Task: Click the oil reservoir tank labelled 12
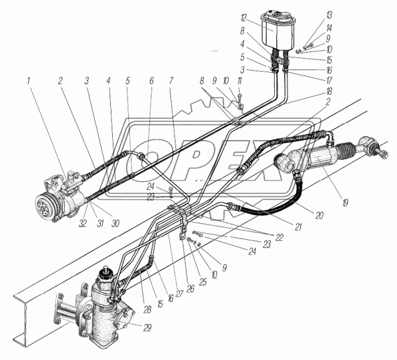[x=278, y=30]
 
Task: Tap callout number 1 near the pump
[x=29, y=81]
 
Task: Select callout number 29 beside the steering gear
[x=147, y=328]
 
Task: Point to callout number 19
[x=346, y=203]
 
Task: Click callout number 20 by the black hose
[x=320, y=215]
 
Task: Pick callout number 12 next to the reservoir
[x=244, y=18]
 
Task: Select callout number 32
[x=83, y=223]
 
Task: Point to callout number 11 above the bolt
[x=240, y=81]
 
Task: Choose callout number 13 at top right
[x=329, y=15]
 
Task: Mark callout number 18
[x=329, y=91]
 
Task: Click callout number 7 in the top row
[x=171, y=81]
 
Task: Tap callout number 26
[x=190, y=289]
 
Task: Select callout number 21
[x=298, y=227]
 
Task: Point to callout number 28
[x=147, y=309]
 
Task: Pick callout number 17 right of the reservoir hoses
[x=329, y=81]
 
